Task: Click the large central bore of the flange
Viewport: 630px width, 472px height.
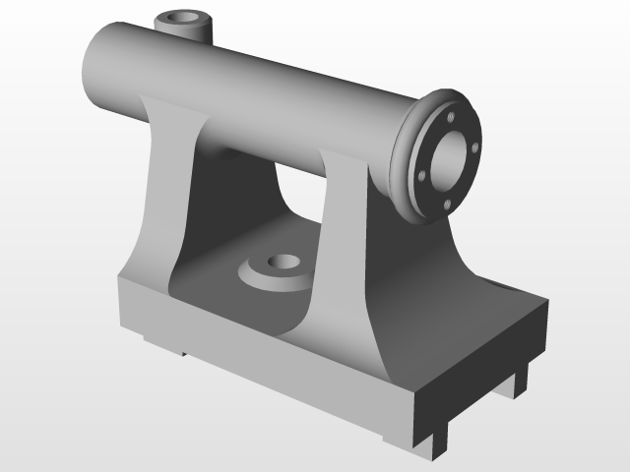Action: click(x=450, y=159)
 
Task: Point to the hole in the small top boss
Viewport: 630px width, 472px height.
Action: click(x=184, y=18)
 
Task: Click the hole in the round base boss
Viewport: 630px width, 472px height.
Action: click(x=284, y=264)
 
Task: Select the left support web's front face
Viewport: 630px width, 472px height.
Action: click(x=161, y=197)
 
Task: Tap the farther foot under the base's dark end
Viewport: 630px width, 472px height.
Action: click(x=519, y=381)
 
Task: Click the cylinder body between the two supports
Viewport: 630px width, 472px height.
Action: click(x=266, y=108)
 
